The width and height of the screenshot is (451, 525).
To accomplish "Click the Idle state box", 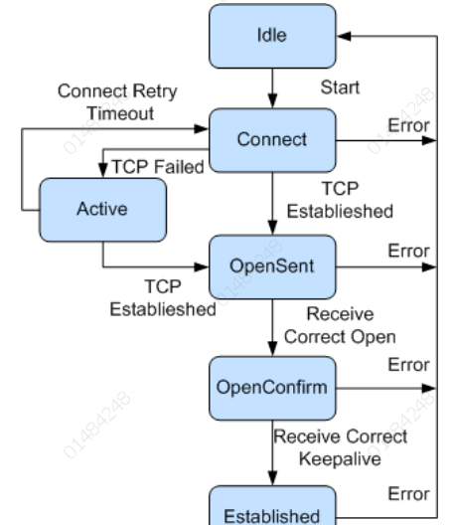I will pos(271,37).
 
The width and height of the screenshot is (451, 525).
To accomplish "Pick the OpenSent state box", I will pos(271,267).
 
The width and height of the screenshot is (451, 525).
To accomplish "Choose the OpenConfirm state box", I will pos(271,387).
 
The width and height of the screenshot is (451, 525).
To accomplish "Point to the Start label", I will pos(339,88).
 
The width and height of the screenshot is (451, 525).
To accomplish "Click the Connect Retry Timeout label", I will pos(117,101).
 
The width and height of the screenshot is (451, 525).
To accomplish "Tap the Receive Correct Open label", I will pos(339,325).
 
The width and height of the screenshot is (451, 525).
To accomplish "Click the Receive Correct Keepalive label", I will pos(340,446).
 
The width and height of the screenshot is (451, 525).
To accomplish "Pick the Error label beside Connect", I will pos(408,125).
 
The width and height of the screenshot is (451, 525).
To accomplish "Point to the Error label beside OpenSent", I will pos(408,252).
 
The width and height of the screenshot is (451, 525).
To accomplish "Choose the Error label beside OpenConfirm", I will pos(408,366).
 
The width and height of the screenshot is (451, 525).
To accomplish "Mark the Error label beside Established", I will pos(408,493).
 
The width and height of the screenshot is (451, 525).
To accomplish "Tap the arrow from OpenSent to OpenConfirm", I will pos(271,328).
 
